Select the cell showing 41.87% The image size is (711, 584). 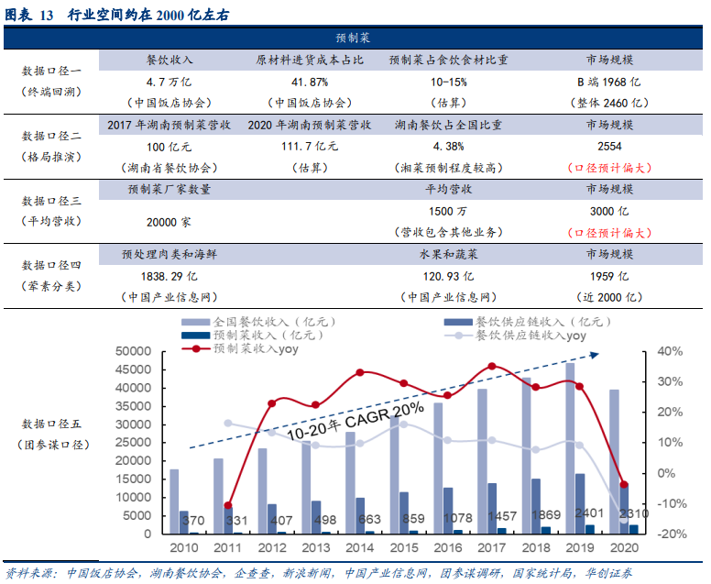click(309, 81)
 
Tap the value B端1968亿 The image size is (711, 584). click(608, 81)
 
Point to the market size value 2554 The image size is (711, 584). click(609, 146)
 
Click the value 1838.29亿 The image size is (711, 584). click(169, 275)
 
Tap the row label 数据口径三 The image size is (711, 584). click(52, 200)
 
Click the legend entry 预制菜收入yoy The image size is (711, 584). click(256, 349)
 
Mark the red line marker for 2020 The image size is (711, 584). click(624, 485)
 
